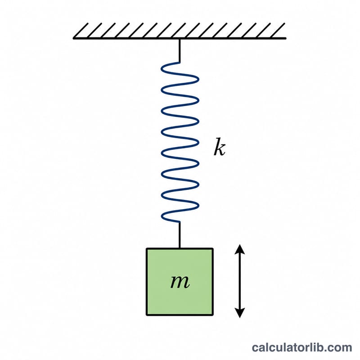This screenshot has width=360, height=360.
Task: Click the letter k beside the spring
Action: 220,147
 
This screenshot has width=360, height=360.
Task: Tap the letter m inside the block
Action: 180,282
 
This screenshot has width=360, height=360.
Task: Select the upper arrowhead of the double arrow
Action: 240,249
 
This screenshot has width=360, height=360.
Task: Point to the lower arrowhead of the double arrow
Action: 240,313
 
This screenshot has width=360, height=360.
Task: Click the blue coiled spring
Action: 180,142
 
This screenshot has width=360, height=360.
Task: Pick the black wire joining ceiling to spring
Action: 180,50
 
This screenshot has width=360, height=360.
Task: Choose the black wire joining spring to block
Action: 180,235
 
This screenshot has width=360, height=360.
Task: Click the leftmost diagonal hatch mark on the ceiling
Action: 81,31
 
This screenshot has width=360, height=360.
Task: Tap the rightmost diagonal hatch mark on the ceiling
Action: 278,31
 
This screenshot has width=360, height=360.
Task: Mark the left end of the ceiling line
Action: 74,38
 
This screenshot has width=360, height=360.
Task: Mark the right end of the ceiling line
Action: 285,38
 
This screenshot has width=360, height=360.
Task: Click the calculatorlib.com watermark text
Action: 302,347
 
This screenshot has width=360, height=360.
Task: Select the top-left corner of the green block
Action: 147,249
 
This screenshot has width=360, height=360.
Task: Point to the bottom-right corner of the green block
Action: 213,315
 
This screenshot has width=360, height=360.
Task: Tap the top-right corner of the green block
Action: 213,249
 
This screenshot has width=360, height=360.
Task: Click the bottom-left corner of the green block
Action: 147,315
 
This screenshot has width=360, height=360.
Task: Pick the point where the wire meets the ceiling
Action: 180,39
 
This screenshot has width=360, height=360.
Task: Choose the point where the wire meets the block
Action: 180,248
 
